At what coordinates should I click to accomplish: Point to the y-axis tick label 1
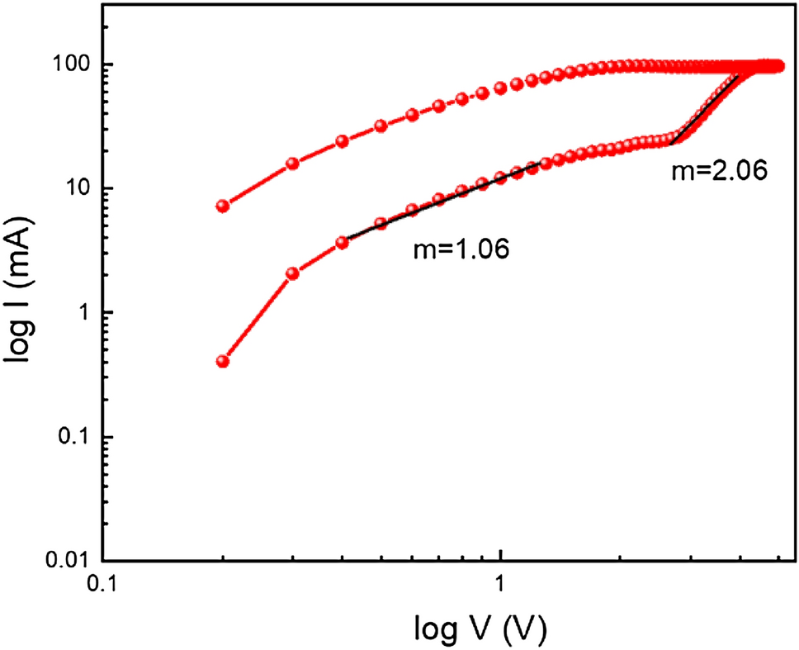tap(83, 312)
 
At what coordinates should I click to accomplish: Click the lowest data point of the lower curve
tap(222, 361)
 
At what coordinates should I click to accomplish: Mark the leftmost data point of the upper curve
tap(222, 206)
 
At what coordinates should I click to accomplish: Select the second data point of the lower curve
tap(292, 273)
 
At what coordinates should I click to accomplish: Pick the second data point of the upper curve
tap(292, 164)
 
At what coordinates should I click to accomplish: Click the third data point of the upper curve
tap(342, 141)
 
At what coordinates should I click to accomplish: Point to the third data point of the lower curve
tap(342, 242)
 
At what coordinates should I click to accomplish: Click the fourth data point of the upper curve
tap(381, 126)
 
